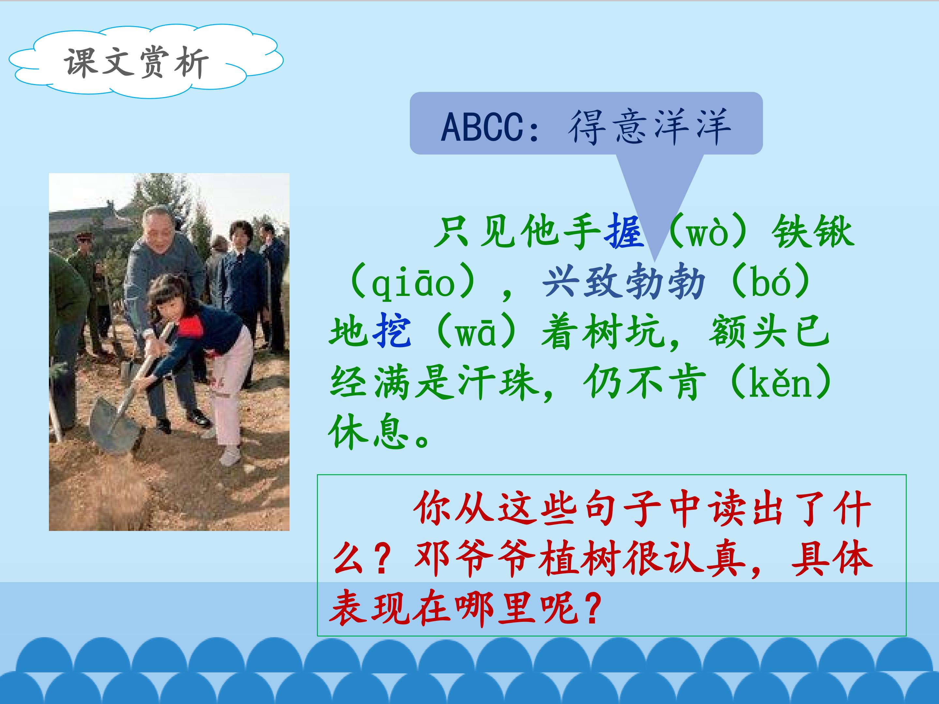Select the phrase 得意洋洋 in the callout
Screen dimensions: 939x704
[649, 127]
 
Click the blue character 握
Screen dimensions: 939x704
[624, 232]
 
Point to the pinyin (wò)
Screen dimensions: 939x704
[707, 232]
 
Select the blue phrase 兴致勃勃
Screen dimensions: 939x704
[624, 282]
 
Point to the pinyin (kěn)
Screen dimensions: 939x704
[781, 382]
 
